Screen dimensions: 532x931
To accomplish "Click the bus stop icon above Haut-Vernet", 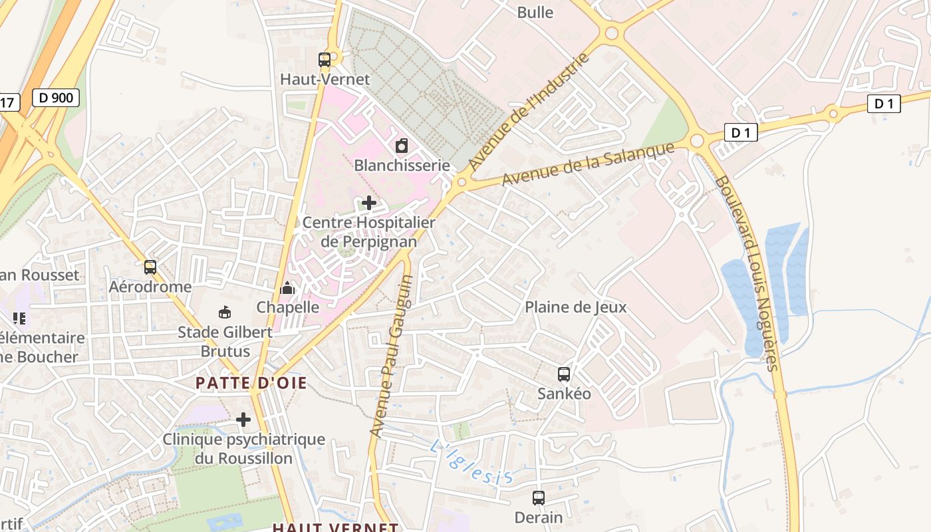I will pos(325,60).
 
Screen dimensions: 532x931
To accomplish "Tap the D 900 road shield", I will pos(56,98).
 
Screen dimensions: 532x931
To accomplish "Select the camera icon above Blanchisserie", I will pos(402,146).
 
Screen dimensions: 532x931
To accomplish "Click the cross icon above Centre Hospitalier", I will pos(369,202).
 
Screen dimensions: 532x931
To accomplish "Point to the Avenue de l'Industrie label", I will pos(529,112).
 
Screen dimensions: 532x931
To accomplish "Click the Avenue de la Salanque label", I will pos(588,164).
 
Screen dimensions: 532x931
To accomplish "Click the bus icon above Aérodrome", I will pos(150,267).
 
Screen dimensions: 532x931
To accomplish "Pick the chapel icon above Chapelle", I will pos(287,288).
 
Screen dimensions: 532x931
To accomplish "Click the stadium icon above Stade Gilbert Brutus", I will pos(225,312).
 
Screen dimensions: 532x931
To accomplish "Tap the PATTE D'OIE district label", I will pos(251,382).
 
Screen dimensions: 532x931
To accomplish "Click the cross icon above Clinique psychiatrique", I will pos(243,420).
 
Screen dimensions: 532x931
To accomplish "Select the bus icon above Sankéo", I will pos(564,374).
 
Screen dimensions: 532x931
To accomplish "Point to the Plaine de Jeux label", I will pos(575,307).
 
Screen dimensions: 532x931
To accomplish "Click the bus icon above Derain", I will pos(539,497).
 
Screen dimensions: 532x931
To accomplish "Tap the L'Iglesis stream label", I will pos(471,463).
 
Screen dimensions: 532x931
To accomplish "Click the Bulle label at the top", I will pos(535,12).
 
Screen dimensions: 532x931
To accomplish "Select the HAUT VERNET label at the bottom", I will pos(335,527).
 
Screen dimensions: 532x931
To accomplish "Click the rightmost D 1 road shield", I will pos(884,103).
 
